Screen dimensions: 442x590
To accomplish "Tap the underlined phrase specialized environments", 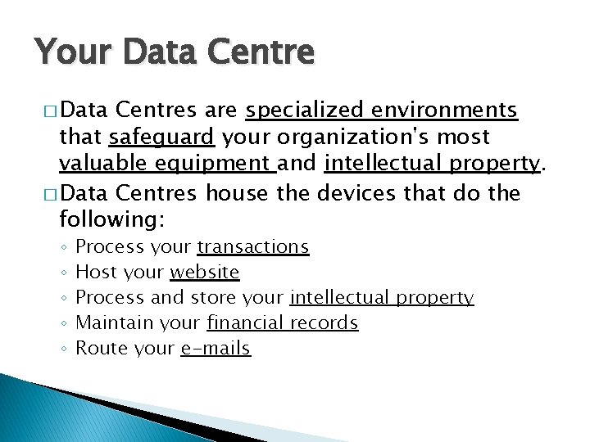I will tap(381, 110).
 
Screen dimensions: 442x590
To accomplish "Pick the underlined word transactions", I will tap(253, 247).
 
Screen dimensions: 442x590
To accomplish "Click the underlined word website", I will tap(204, 273).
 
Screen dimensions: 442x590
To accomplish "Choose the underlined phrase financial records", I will tap(283, 323).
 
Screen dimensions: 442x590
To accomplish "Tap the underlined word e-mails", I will tap(215, 349).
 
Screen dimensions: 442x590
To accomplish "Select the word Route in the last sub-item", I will tap(101, 349).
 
